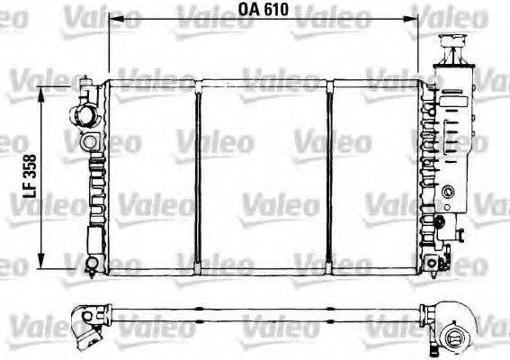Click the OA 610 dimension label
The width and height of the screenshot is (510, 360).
(264, 11)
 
